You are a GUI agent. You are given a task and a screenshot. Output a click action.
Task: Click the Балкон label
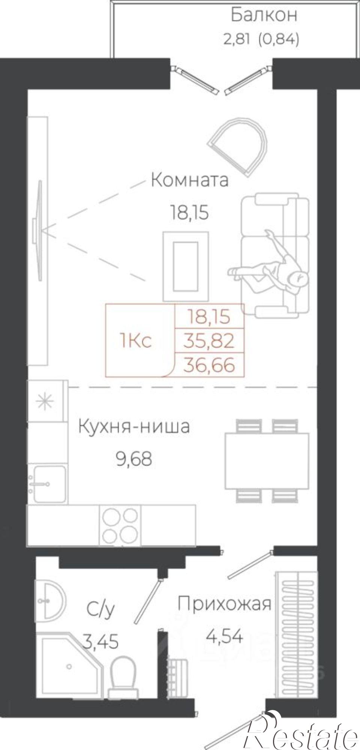point(264,15)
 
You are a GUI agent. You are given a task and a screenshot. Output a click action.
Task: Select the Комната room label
point(189,180)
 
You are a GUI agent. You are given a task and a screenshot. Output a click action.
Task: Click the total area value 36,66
point(209,365)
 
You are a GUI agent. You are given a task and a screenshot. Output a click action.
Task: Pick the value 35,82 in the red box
point(209,341)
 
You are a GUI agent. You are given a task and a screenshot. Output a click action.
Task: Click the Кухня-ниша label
point(134,427)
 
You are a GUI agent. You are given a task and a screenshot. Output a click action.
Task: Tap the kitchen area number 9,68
point(134,459)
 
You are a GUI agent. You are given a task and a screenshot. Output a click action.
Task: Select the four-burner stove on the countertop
point(120,524)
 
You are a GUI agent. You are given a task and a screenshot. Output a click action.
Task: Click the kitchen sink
point(48,484)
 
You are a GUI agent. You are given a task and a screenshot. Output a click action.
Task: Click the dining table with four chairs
point(267,460)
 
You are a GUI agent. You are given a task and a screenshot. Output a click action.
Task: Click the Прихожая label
point(224,604)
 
